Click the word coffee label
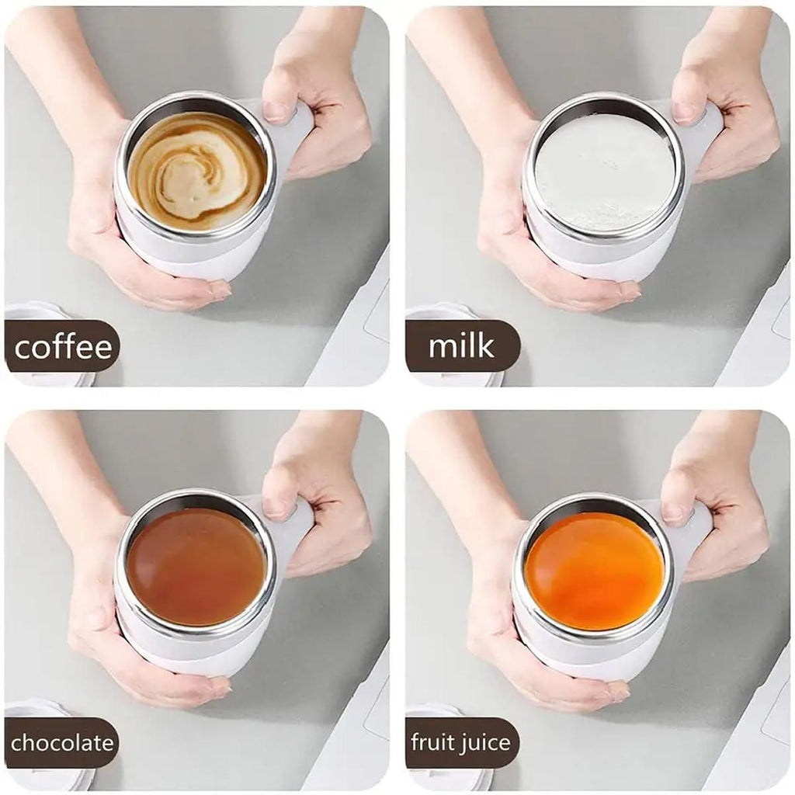click(63, 346)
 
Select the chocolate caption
click(62, 743)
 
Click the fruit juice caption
click(462, 743)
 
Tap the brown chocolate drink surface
click(196, 567)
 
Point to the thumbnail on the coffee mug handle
click(276, 110)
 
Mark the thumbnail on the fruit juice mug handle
click(673, 512)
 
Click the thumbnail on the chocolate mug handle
click(276, 507)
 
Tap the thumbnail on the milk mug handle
click(684, 112)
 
